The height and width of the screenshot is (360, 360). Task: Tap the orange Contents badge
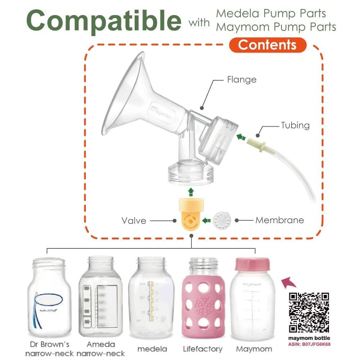tap(267, 45)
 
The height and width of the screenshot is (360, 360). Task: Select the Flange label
tap(242, 79)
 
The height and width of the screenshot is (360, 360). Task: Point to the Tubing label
tap(295, 125)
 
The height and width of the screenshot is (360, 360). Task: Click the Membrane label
tap(280, 220)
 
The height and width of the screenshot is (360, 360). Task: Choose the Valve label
tap(134, 220)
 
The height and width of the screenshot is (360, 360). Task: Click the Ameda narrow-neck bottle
tap(100, 297)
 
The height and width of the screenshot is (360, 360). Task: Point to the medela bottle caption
tap(152, 349)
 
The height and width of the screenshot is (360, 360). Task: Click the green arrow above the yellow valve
tap(191, 191)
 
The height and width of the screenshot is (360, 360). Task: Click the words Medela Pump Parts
tap(271, 14)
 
